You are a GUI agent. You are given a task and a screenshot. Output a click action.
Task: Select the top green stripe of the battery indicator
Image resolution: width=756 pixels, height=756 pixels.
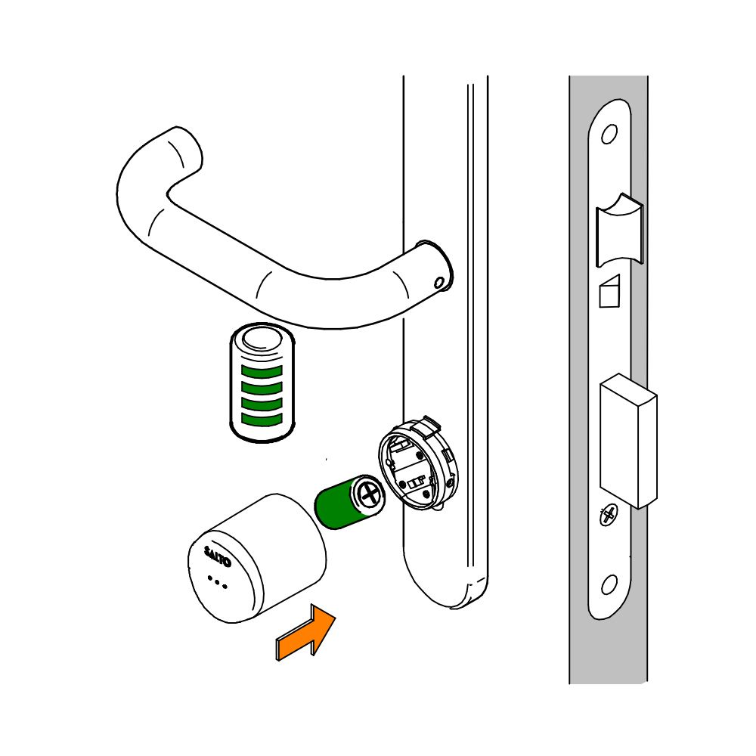262,371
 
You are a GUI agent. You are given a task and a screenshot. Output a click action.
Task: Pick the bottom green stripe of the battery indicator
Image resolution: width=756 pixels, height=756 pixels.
262,419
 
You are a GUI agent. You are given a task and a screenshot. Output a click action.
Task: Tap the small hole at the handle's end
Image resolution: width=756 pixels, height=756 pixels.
438,283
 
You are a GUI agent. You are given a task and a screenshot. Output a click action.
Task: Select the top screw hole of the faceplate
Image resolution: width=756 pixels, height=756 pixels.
609,134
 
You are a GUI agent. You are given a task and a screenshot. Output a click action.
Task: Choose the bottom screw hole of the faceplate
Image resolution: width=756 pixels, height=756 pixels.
609,585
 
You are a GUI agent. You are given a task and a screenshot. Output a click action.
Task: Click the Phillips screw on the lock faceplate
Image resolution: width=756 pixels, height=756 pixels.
609,516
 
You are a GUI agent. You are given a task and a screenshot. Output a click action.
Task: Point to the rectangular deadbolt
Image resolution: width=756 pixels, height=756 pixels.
627,441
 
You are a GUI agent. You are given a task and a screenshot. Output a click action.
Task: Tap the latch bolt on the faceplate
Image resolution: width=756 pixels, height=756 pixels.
620,230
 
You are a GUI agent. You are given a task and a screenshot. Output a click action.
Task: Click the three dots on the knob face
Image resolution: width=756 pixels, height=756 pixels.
217,582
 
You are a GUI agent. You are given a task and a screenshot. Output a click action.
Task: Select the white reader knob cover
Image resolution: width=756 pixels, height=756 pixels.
257,559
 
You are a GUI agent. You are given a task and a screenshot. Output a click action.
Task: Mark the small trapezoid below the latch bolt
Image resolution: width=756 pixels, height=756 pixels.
609,291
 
